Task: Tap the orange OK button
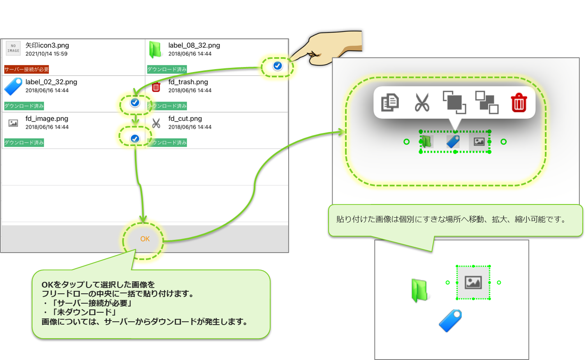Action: pyautogui.click(x=145, y=239)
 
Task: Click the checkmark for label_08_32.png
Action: pyautogui.click(x=278, y=66)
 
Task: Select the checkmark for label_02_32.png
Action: pyautogui.click(x=135, y=102)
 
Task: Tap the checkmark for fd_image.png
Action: pyautogui.click(x=135, y=139)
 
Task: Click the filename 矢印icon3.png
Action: pyautogui.click(x=47, y=45)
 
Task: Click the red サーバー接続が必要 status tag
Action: pyautogui.click(x=27, y=69)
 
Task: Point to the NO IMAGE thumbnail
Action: pyautogui.click(x=13, y=49)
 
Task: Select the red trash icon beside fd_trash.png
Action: pyautogui.click(x=156, y=87)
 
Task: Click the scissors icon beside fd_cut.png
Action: pyautogui.click(x=156, y=123)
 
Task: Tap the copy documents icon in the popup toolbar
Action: pyautogui.click(x=390, y=102)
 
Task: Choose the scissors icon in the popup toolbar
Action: pyautogui.click(x=422, y=102)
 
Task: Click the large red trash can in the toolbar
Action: pyautogui.click(x=519, y=102)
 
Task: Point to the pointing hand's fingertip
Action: pyautogui.click(x=293, y=57)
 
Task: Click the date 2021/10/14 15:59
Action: pyautogui.click(x=46, y=54)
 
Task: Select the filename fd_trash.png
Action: pyautogui.click(x=188, y=82)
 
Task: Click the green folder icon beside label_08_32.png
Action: pyautogui.click(x=155, y=50)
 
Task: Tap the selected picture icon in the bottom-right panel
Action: pyautogui.click(x=473, y=283)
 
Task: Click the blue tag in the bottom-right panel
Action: pyautogui.click(x=450, y=321)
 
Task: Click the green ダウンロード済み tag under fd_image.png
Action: pyautogui.click(x=24, y=142)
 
